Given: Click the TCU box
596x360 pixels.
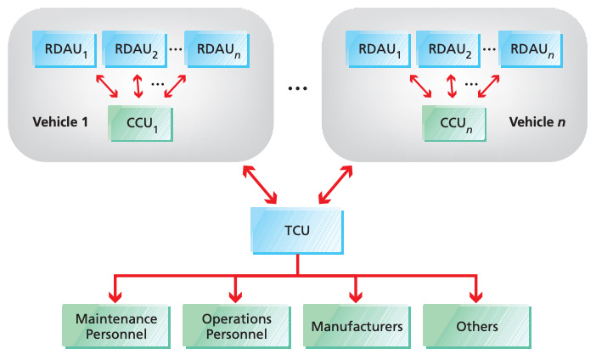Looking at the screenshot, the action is pyautogui.click(x=297, y=231).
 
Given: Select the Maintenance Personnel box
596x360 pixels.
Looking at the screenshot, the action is pyautogui.click(x=116, y=326).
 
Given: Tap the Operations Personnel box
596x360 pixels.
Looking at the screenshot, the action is pyautogui.click(x=236, y=326).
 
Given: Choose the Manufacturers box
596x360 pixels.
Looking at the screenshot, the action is pyautogui.click(x=357, y=326).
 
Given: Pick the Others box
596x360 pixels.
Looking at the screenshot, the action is pyautogui.click(x=477, y=326).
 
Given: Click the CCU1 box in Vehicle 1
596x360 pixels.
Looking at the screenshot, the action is pyautogui.click(x=141, y=124).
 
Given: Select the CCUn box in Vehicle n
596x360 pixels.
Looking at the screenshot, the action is pyautogui.click(x=454, y=124).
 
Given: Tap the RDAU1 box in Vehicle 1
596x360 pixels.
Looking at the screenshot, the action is pyautogui.click(x=65, y=49).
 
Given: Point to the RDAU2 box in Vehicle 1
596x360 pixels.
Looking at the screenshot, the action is pyautogui.click(x=134, y=49).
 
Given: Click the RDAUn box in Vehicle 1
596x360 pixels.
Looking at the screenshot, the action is pyautogui.click(x=217, y=49).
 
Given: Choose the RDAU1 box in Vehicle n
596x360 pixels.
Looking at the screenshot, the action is pyautogui.click(x=378, y=49).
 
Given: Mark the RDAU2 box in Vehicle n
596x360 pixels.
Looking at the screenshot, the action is pyautogui.click(x=448, y=49).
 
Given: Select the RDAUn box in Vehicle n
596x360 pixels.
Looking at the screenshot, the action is pyautogui.click(x=531, y=49).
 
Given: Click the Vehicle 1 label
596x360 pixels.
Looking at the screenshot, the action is pyautogui.click(x=60, y=122).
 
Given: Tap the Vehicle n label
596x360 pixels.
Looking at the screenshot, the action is pyautogui.click(x=537, y=122).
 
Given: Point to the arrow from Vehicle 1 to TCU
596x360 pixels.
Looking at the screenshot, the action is pyautogui.click(x=260, y=185).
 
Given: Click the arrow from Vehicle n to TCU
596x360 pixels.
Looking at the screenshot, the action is pyautogui.click(x=335, y=185).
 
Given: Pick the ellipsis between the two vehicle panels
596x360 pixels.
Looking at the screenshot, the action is pyautogui.click(x=297, y=88).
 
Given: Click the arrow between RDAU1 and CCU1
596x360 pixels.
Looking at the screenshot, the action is pyautogui.click(x=107, y=86).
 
